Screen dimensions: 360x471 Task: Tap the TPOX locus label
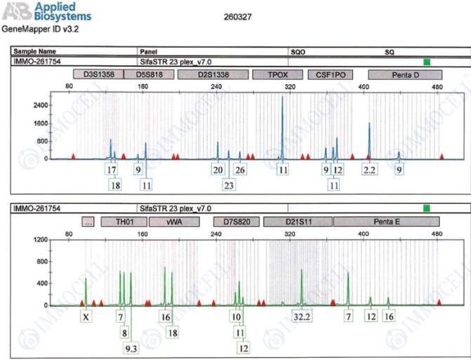pos(270,74)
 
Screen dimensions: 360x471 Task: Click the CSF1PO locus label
pos(330,74)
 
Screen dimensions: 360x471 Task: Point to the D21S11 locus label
pos(298,222)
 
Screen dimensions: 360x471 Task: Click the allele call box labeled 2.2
pos(369,169)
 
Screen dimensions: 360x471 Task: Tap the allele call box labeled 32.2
pos(302,317)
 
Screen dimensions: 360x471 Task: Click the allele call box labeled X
pos(86,317)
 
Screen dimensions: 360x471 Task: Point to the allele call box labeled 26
pos(240,169)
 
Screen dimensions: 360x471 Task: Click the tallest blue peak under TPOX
pos(282,98)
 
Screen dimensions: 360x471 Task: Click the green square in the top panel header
pos(426,61)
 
